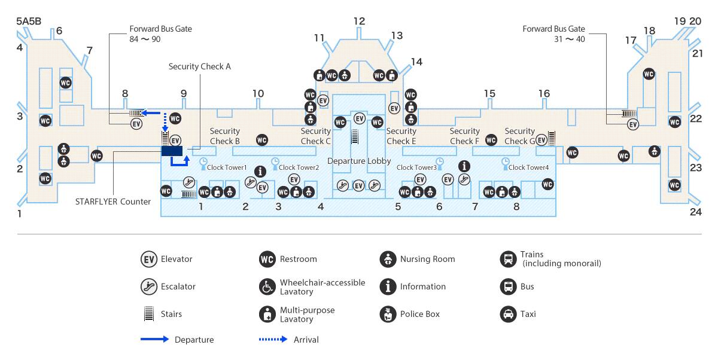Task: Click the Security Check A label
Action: [x=200, y=66]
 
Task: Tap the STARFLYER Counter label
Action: [x=113, y=202]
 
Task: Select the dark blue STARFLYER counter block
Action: [x=172, y=151]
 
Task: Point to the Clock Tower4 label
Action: [x=528, y=167]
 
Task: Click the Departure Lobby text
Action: [x=359, y=161]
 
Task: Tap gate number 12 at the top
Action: [x=360, y=21]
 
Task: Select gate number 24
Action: [x=696, y=212]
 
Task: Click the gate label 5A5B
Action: [x=29, y=21]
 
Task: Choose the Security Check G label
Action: [x=519, y=136]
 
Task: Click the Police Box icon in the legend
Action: [x=388, y=314]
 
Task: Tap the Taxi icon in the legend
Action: [x=508, y=314]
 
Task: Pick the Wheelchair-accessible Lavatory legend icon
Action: [x=267, y=286]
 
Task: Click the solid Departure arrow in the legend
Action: [x=154, y=339]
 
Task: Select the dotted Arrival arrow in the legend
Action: [x=273, y=339]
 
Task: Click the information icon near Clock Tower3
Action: [x=464, y=166]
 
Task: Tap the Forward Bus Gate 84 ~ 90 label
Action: [x=160, y=33]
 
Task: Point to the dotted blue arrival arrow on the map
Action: [x=165, y=122]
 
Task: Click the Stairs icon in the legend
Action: [x=149, y=314]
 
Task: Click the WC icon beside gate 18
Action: [x=649, y=74]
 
